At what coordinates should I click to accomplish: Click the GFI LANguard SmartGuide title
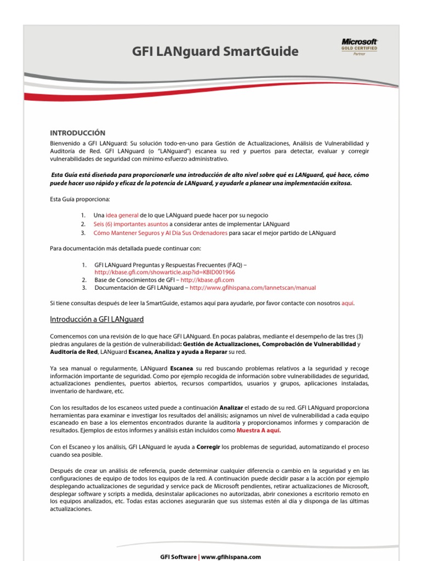(x=215, y=52)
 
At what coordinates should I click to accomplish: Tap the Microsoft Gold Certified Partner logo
(x=360, y=47)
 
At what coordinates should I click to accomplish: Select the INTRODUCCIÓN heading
(x=77, y=133)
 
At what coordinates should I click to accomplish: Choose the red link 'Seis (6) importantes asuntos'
(x=130, y=224)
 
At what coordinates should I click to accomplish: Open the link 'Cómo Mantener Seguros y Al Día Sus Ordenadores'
(x=160, y=233)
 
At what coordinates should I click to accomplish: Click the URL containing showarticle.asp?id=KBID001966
(x=164, y=272)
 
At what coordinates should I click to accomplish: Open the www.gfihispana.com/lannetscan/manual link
(x=253, y=288)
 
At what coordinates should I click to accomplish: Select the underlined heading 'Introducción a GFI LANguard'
(x=96, y=319)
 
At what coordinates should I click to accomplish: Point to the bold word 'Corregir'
(x=208, y=448)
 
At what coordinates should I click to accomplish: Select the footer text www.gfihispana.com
(x=231, y=557)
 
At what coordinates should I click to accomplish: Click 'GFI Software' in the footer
(x=178, y=557)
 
